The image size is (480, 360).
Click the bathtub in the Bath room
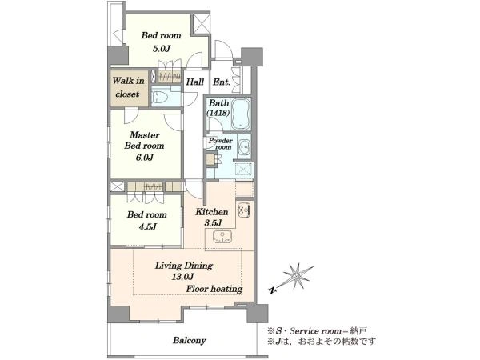point(241,114)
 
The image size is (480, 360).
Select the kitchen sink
point(222,235)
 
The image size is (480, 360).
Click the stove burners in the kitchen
point(245,210)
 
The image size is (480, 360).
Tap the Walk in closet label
point(128,87)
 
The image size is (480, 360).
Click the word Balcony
point(190,341)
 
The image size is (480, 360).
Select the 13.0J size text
point(182,277)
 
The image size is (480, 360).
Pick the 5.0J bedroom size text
point(162,48)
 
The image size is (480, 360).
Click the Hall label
point(195,82)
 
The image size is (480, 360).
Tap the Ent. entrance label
point(222,82)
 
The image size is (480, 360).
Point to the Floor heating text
point(214,289)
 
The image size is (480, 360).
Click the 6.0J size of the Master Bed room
point(145,158)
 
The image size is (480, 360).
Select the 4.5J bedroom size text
point(147,227)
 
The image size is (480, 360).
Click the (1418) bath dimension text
point(218,113)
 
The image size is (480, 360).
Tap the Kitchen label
point(212,212)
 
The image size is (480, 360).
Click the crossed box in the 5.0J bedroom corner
point(202,24)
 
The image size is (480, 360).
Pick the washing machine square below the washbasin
point(244,170)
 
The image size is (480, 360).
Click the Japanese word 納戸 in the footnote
point(358,331)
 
